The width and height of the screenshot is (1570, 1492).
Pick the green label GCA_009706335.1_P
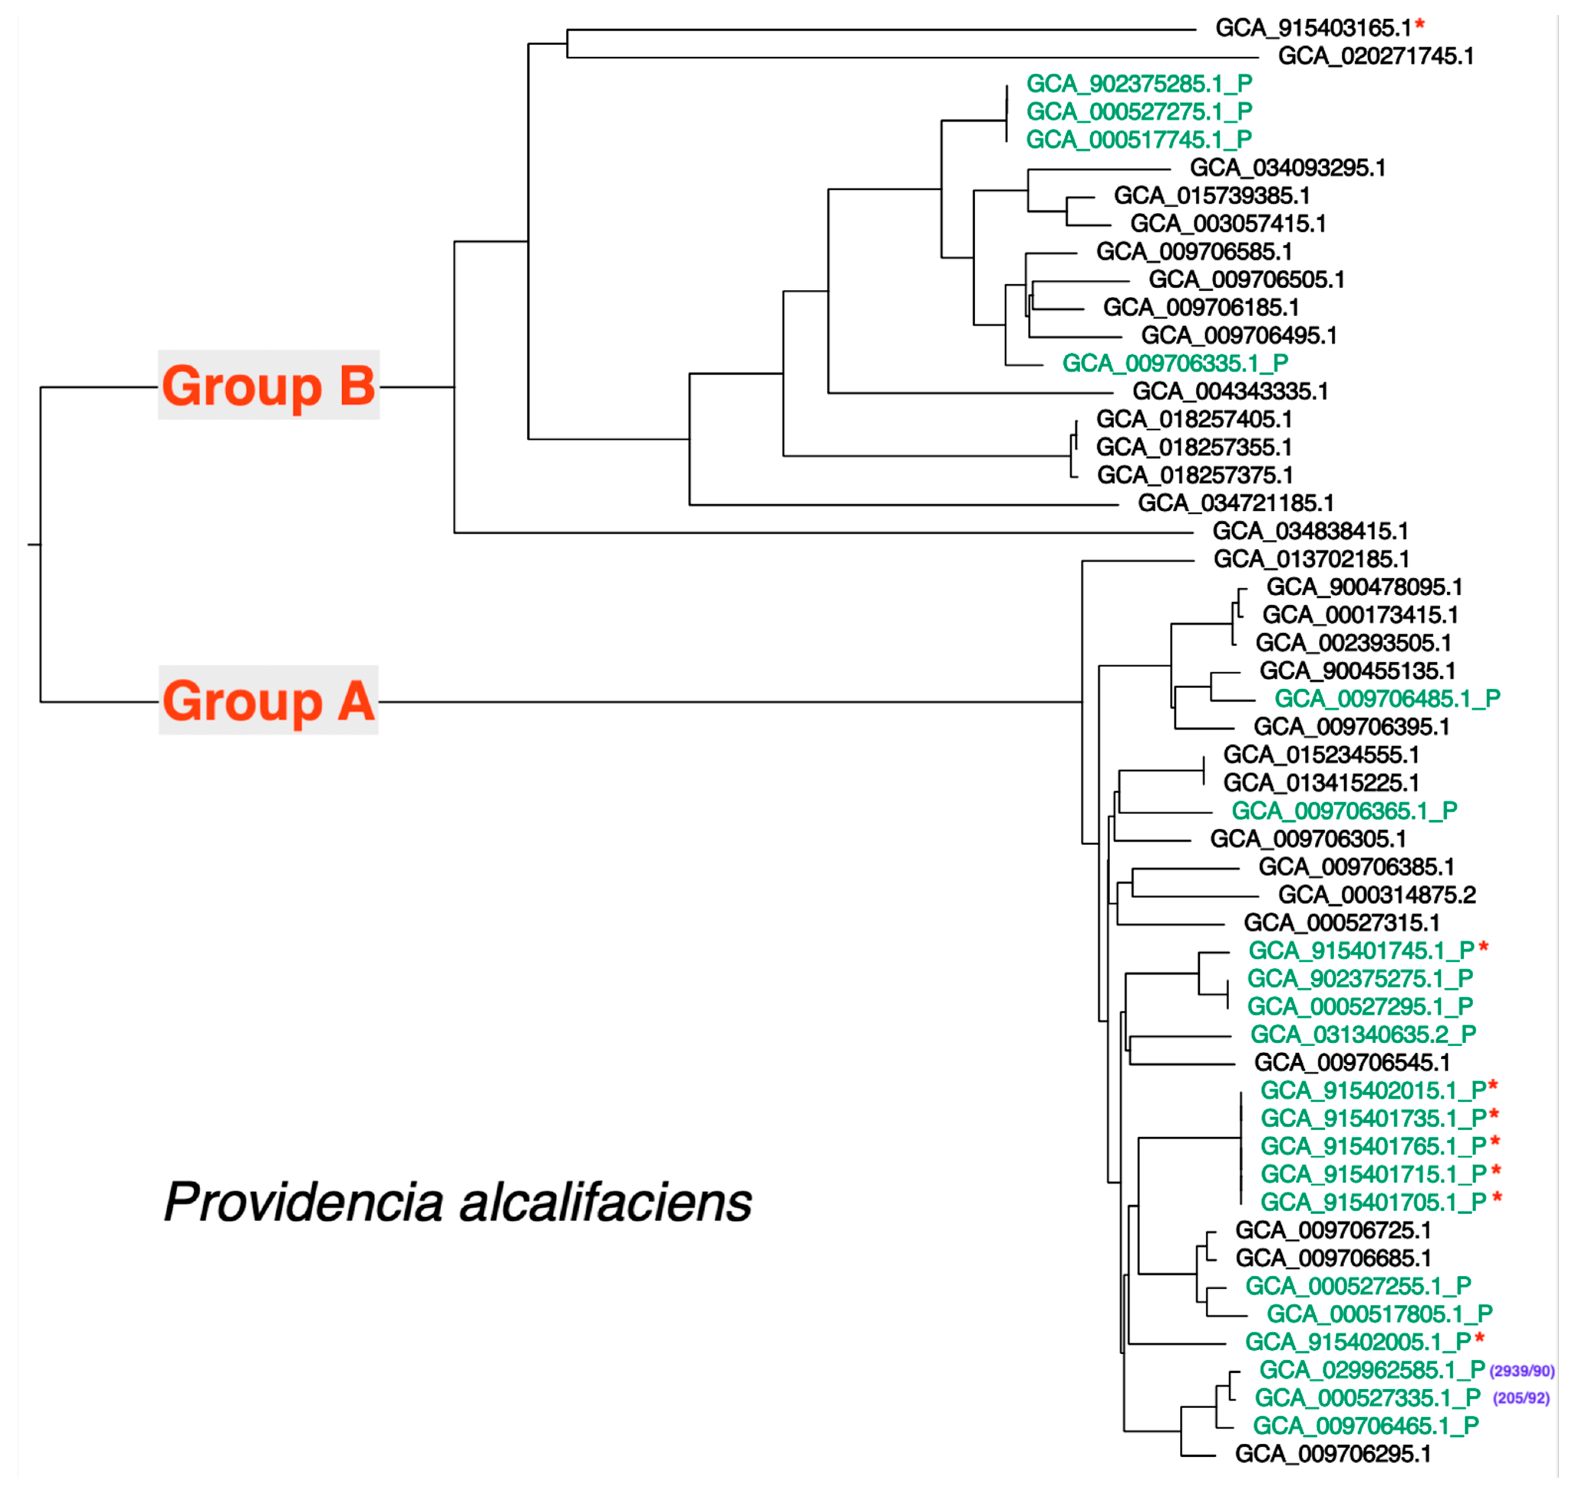pyautogui.click(x=1175, y=363)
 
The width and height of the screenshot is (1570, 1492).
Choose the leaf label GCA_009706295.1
pyautogui.click(x=1333, y=1455)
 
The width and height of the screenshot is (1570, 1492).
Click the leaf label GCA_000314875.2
pyautogui.click(x=1377, y=896)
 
